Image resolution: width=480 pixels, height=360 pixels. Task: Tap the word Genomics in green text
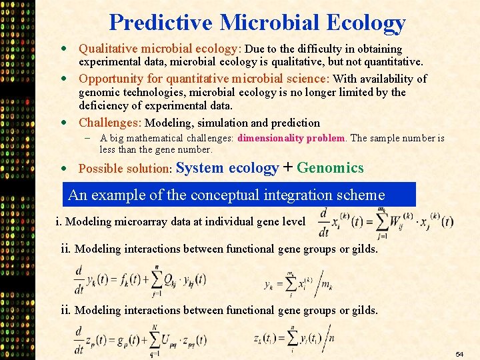point(331,168)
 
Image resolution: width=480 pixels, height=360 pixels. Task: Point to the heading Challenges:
point(110,123)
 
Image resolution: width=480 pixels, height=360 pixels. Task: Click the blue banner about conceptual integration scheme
point(239,195)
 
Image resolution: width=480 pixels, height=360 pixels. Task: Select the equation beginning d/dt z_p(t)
point(140,339)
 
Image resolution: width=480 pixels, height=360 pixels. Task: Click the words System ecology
point(227,168)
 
